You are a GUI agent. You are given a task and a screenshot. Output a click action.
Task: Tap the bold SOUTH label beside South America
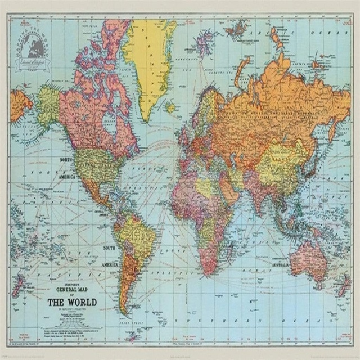(x=109, y=248)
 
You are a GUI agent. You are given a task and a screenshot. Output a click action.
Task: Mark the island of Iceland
(x=170, y=106)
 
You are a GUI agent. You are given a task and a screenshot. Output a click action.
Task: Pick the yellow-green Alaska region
(x=48, y=104)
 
